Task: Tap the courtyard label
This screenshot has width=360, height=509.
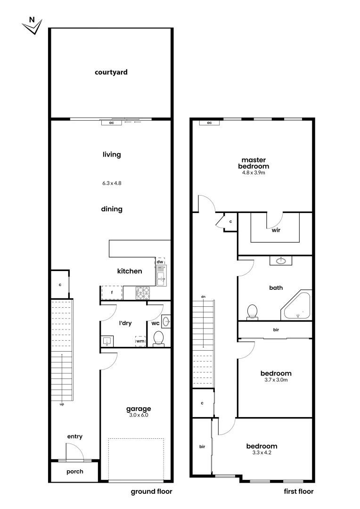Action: pos(111,73)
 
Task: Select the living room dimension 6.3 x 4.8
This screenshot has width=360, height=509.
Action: pos(112,183)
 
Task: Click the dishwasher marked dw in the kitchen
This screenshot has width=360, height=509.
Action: pos(160,262)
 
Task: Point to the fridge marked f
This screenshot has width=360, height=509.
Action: pos(112,293)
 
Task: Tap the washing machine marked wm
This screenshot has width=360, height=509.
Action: pos(140,340)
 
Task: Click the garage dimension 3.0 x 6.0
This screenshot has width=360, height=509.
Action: pos(138,415)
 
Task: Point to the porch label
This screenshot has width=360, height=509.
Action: pos(74,471)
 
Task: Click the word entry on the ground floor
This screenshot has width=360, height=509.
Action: pos(74,436)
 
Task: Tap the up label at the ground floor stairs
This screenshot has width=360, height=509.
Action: pos(62,404)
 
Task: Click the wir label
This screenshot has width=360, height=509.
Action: pos(276,231)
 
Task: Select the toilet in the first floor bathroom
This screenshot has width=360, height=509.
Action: pos(252,312)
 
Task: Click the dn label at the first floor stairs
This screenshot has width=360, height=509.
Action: pos(203,296)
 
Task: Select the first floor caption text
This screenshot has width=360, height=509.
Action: pos(298,492)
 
